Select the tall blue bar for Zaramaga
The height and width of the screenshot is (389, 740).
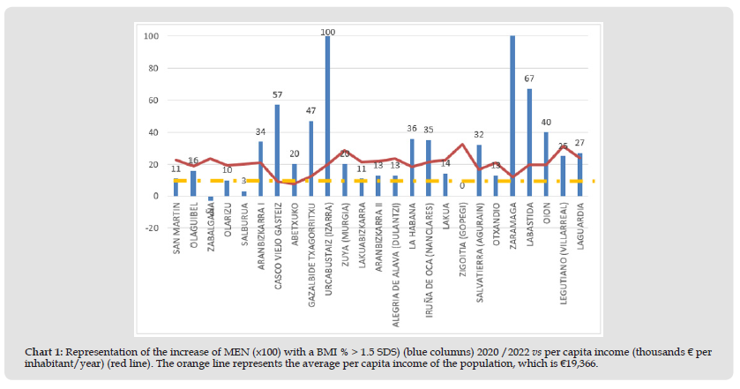tap(512, 116)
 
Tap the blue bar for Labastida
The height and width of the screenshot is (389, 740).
tap(529, 142)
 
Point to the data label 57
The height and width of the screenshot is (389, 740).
tap(277, 94)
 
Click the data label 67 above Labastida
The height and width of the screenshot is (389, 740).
tap(529, 79)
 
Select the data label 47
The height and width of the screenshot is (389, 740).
tap(310, 111)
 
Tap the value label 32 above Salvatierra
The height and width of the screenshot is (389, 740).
tap(479, 135)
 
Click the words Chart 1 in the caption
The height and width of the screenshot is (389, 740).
tap(42, 352)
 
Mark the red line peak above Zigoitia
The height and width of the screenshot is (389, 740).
tap(462, 145)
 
